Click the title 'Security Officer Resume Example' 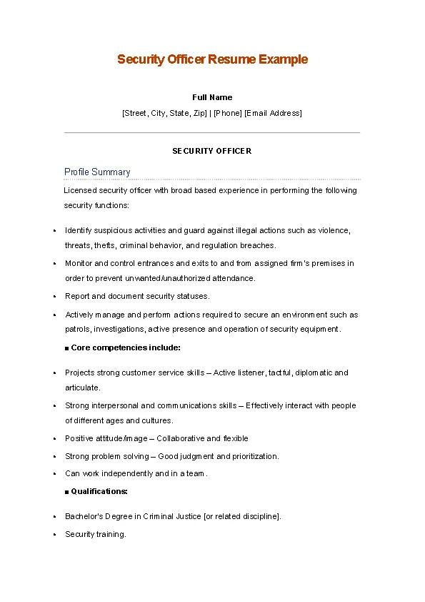click(x=212, y=59)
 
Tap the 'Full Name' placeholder click(x=212, y=97)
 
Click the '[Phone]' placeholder click(x=228, y=113)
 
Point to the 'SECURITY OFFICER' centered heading click(x=212, y=151)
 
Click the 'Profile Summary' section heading click(x=97, y=172)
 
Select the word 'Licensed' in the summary click(x=80, y=191)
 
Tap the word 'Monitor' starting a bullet click(x=78, y=264)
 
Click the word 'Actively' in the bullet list click(x=79, y=315)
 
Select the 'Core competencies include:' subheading click(x=126, y=348)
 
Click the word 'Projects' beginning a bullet click(x=80, y=373)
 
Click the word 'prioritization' click(x=254, y=456)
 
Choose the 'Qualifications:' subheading click(x=99, y=492)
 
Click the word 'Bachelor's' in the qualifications click(x=84, y=516)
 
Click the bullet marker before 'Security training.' click(x=55, y=535)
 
